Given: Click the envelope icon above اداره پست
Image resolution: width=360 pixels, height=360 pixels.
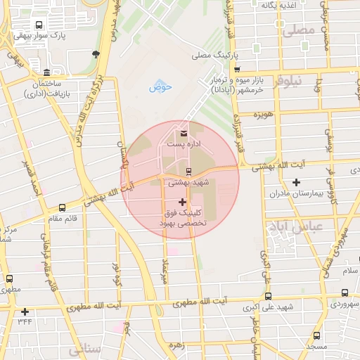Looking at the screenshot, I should pos(184,133).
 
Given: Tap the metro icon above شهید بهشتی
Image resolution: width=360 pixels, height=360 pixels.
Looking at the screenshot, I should pos(188,171).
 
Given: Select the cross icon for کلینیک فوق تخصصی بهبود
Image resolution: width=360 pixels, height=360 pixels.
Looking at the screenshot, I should pos(183,202).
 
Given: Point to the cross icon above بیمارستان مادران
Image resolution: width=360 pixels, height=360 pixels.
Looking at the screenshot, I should pos(296,183).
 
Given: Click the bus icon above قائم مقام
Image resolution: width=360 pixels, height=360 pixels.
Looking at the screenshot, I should pos(63,207).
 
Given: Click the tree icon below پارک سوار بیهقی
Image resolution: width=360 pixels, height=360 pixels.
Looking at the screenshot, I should pos(96,53).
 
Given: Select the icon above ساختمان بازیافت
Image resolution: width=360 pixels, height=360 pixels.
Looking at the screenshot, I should pos(46,73).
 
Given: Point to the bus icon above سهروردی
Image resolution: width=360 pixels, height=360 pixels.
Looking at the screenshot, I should pos(345,292).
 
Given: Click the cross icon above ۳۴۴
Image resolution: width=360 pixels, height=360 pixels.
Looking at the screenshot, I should pos(25,311).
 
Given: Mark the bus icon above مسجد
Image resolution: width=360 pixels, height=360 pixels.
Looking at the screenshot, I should pos(316,335).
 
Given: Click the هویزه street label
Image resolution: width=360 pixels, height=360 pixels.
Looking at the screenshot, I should pos(263,113).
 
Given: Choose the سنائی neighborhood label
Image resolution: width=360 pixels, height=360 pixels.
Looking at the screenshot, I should pos(75,349).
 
